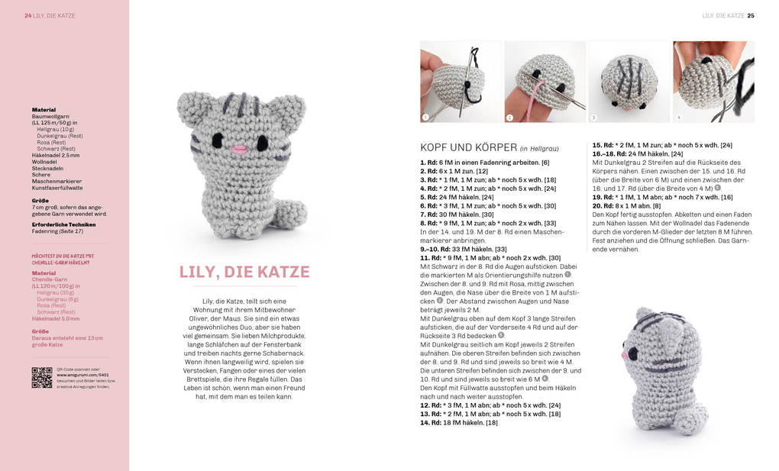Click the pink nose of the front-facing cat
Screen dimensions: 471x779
pyautogui.click(x=238, y=147)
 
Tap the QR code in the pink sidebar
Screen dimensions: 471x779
pyautogui.click(x=42, y=377)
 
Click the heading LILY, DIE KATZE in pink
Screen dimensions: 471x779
pyautogui.click(x=244, y=272)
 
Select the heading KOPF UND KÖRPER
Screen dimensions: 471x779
pyautogui.click(x=467, y=147)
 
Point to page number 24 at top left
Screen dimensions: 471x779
pyautogui.click(x=27, y=15)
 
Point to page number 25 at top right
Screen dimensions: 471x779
pyautogui.click(x=751, y=15)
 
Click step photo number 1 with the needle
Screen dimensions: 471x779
pyautogui.click(x=461, y=82)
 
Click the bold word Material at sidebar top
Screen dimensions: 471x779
pyautogui.click(x=44, y=110)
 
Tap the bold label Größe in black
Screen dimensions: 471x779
pyautogui.click(x=40, y=201)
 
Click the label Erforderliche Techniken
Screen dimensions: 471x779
pyautogui.click(x=63, y=224)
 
